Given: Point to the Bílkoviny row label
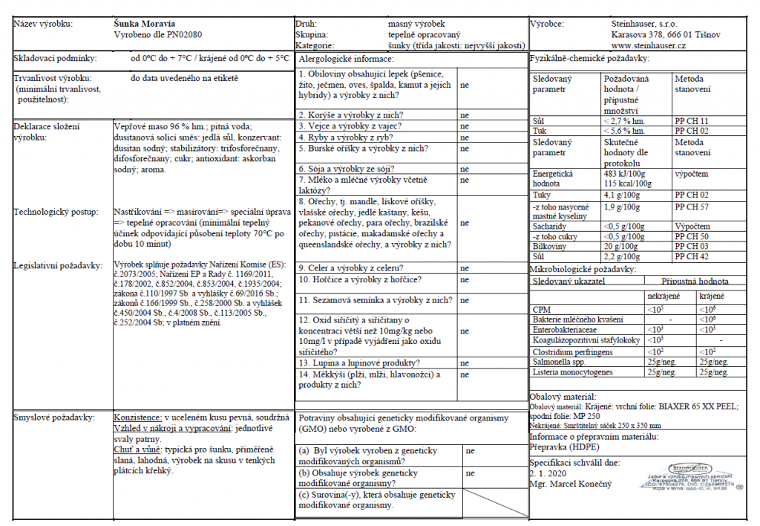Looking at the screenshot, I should coord(549,246).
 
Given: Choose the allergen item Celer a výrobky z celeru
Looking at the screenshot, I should coord(352,267).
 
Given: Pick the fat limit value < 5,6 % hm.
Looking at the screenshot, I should coord(624,130).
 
